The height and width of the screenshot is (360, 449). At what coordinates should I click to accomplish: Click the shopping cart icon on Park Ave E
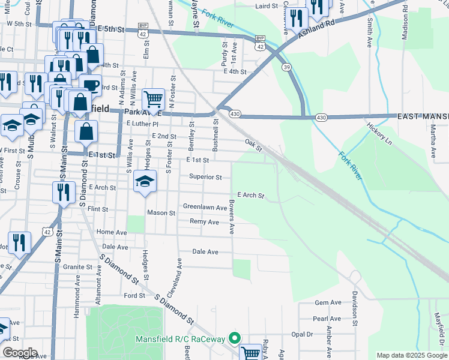pyautogui.click(x=153, y=99)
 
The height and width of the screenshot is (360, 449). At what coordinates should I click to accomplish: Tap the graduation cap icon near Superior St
pyautogui.click(x=145, y=182)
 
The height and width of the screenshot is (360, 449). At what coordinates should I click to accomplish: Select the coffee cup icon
pyautogui.click(x=90, y=86)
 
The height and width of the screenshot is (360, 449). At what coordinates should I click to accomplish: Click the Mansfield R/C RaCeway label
pyautogui.click(x=183, y=340)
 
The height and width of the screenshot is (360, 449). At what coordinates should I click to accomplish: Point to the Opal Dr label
pyautogui.click(x=303, y=334)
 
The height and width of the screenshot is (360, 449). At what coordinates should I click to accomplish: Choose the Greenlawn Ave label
pyautogui.click(x=205, y=208)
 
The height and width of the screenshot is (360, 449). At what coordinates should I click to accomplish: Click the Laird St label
pyautogui.click(x=267, y=6)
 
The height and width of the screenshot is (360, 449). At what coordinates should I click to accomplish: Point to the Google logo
pyautogui.click(x=19, y=352)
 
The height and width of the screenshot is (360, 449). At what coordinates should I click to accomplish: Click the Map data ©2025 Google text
pyautogui.click(x=412, y=355)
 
